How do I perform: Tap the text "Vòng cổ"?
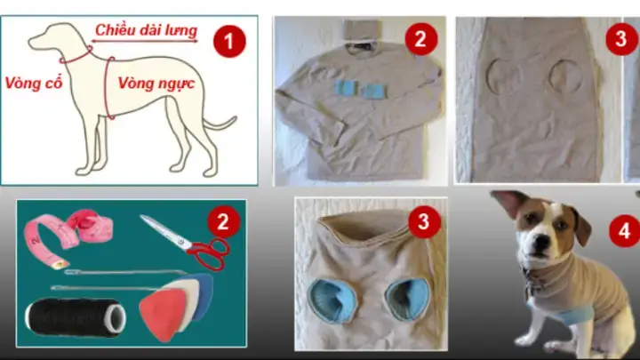33,83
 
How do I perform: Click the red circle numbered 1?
232,41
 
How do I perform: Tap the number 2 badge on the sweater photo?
420,39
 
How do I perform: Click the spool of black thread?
76,315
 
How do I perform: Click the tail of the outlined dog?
219,124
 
